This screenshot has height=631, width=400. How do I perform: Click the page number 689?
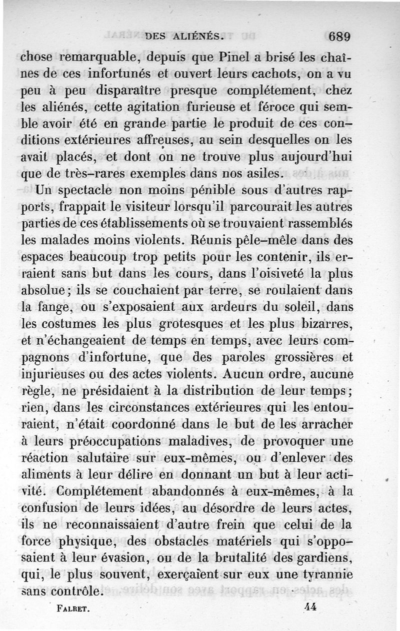[340, 36]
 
